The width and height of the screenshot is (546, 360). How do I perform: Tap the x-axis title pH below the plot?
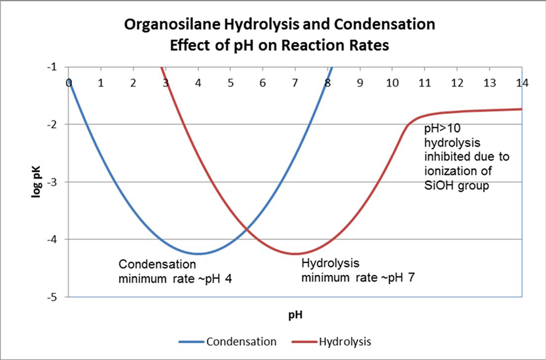[x=295, y=314]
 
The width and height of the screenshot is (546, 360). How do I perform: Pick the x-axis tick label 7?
[x=295, y=83]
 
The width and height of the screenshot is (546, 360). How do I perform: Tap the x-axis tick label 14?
[x=522, y=83]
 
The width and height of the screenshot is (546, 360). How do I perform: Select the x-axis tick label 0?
[x=69, y=83]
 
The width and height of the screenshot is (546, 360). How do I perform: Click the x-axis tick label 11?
[x=424, y=83]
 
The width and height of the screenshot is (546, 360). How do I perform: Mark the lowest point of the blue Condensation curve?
[x=198, y=253]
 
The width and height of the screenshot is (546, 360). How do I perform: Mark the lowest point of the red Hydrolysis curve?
[x=295, y=253]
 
